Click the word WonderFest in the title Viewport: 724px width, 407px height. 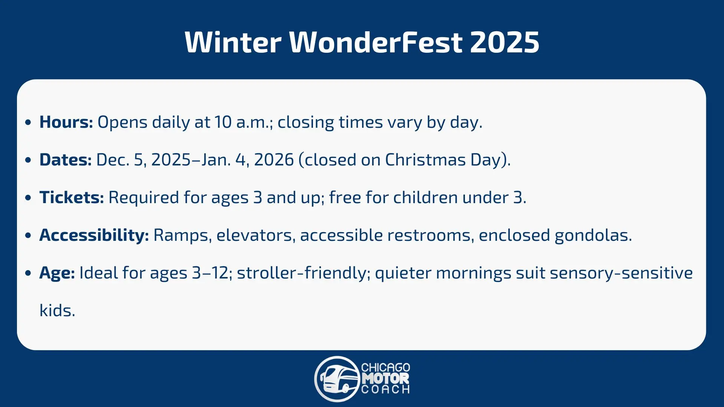coord(376,42)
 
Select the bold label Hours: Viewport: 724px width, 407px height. coord(66,122)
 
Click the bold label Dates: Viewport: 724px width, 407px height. coord(66,160)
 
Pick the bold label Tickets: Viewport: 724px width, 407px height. coord(72,197)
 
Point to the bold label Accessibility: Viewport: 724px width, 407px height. coord(94,236)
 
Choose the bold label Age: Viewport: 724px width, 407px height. coord(57,273)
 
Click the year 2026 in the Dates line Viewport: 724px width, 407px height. coord(274,160)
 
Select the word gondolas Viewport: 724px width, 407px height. coord(593,236)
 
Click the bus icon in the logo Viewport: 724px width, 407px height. coord(337,379)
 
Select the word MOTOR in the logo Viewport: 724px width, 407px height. coord(385,378)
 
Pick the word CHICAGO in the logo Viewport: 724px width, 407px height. coord(385,367)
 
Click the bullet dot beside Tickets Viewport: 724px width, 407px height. coord(28,198)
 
